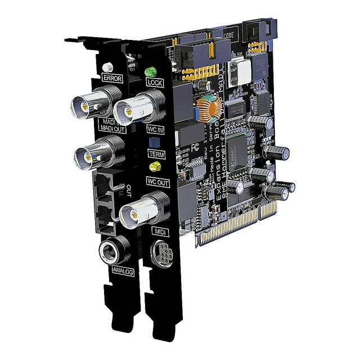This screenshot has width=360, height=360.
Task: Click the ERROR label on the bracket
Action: [x=112, y=78]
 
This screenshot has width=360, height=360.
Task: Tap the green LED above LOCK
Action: [x=151, y=72]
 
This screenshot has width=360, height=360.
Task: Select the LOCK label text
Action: [x=154, y=83]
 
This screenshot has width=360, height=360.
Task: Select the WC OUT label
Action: [x=157, y=181]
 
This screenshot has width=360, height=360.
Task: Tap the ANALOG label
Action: [x=123, y=271]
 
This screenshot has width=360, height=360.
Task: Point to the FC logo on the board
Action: [x=195, y=148]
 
